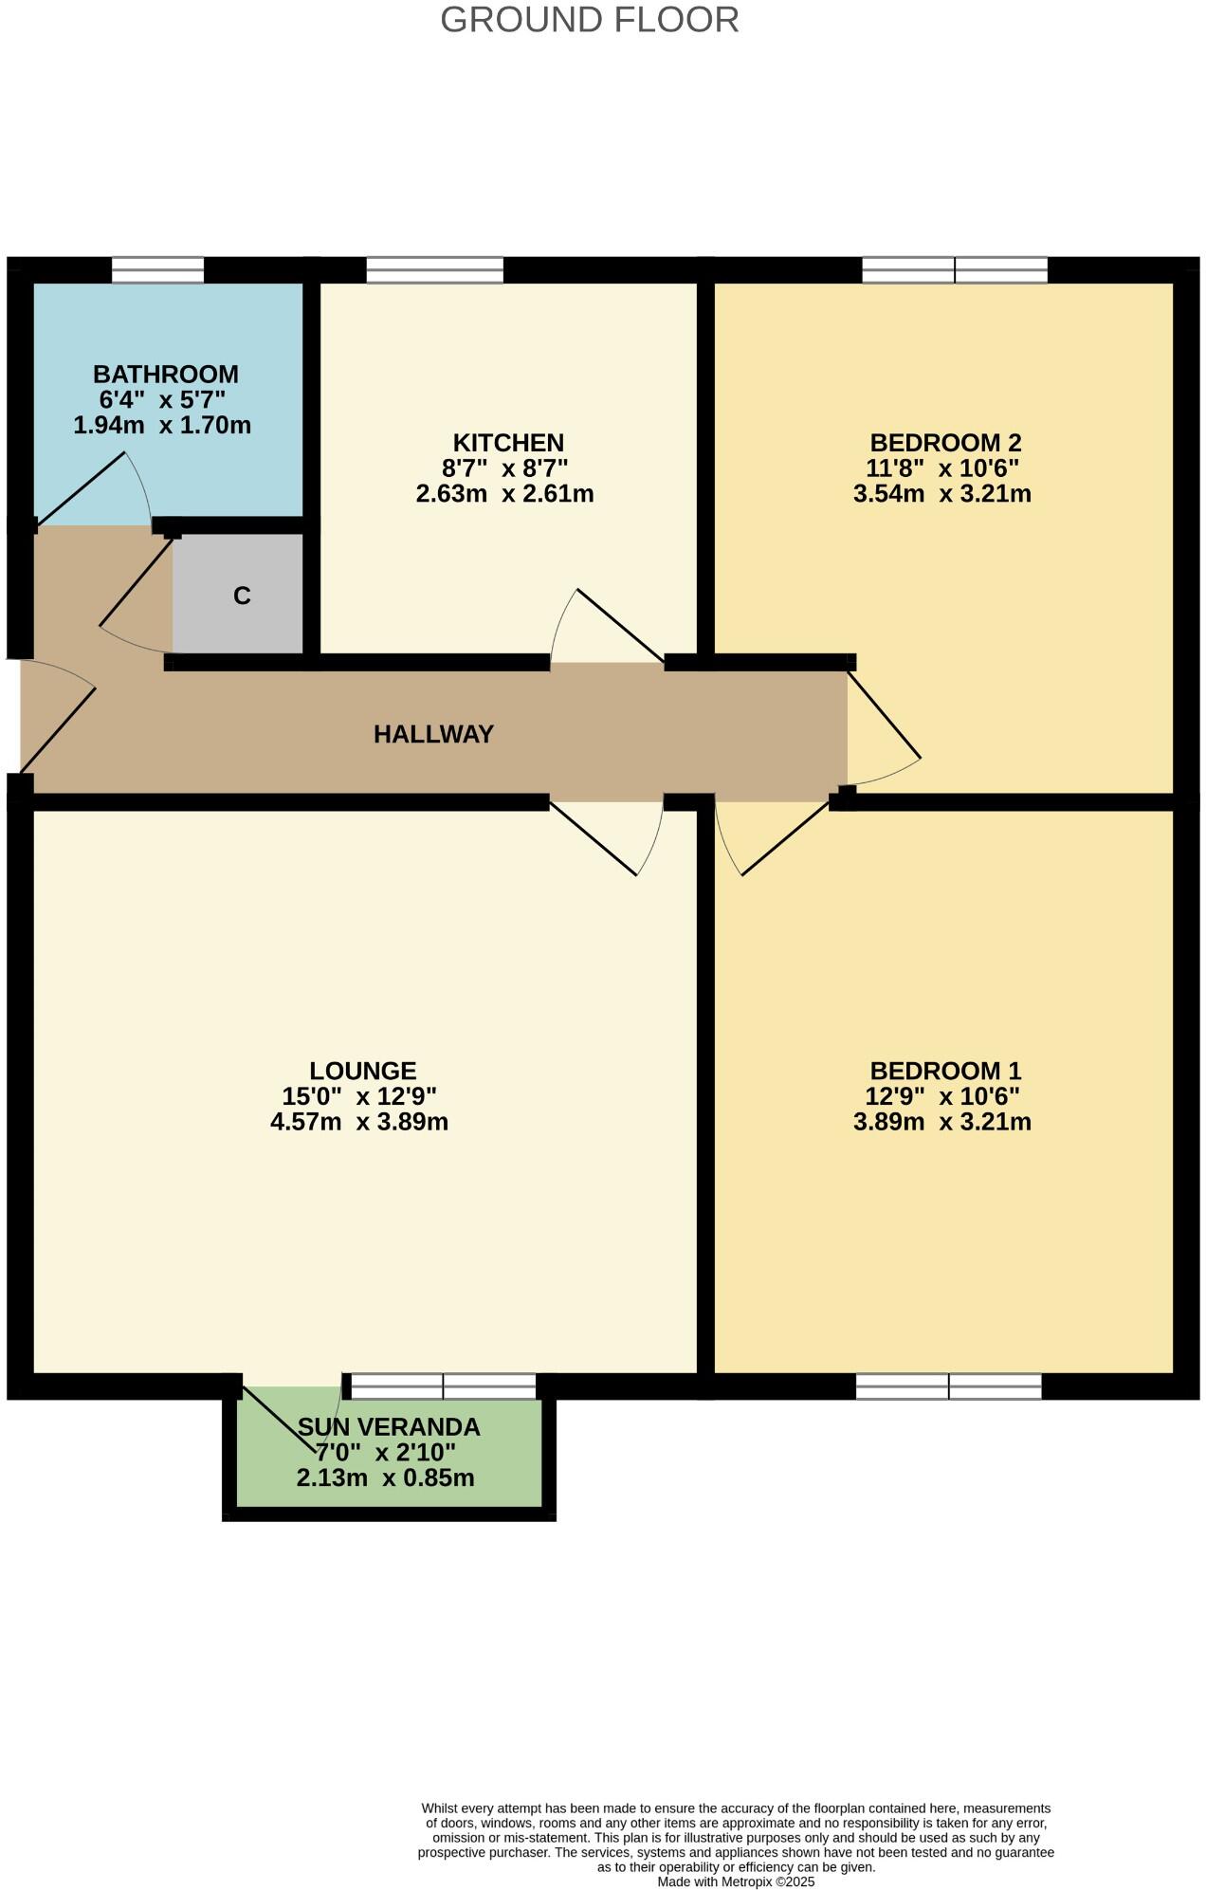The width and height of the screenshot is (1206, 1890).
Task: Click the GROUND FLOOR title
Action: click(589, 20)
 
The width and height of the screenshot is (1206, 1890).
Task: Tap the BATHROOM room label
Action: click(165, 374)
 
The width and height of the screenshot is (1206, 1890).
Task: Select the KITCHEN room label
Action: click(508, 443)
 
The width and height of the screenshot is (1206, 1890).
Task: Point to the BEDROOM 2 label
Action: click(945, 443)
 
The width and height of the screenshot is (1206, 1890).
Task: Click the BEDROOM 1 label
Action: click(945, 1071)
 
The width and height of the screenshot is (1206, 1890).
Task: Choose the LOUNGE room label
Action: click(362, 1071)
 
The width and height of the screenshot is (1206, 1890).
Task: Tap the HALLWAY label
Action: click(433, 734)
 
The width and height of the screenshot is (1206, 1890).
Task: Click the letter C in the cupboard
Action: click(242, 596)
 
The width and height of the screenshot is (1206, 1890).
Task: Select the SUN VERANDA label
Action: click(389, 1427)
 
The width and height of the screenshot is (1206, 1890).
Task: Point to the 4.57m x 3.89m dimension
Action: click(359, 1123)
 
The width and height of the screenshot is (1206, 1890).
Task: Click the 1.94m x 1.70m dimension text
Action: click(162, 426)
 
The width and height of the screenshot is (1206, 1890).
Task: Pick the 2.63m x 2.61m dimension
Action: click(504, 494)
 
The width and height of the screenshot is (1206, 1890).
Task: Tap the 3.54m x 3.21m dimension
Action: click(942, 494)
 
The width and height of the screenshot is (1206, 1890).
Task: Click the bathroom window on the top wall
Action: click(157, 270)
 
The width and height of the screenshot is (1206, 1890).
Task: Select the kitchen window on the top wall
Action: click(434, 270)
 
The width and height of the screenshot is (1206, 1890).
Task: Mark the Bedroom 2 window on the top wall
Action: click(954, 270)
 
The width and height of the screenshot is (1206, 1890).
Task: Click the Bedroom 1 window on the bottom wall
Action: click(948, 1386)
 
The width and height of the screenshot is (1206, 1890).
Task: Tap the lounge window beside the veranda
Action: click(442, 1386)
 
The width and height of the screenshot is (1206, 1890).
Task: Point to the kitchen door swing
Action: click(607, 626)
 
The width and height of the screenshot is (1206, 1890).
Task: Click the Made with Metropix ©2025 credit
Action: click(736, 1882)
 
